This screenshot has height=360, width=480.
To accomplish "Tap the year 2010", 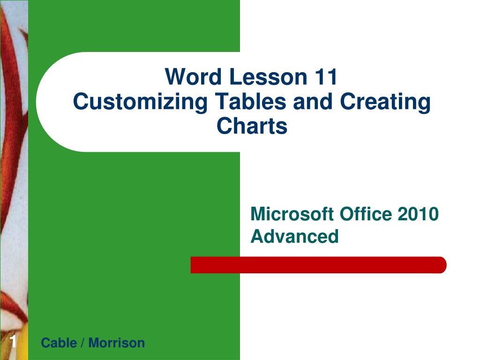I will [x=418, y=214].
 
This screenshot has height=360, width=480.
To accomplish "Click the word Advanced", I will [x=294, y=236].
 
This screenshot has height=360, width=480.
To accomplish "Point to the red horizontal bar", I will [x=318, y=265].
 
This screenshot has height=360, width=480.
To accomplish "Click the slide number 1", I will [x=14, y=343].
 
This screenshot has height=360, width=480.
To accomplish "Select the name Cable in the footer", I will [x=59, y=343].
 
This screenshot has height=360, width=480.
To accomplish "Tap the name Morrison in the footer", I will [x=117, y=343].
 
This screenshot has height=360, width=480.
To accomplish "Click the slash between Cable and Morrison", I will [x=82, y=343].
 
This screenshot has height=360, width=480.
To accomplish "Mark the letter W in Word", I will [x=175, y=77].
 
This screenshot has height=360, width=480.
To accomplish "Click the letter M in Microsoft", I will [x=258, y=214].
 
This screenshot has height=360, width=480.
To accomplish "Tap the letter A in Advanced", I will [x=256, y=236].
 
